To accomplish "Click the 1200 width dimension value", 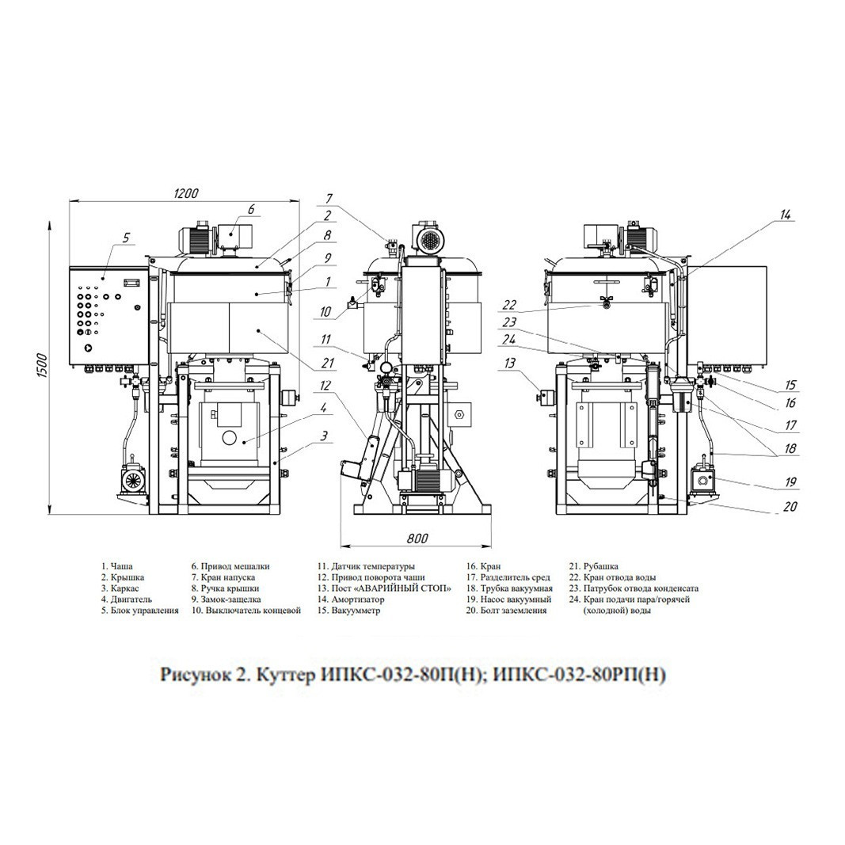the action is [185, 193].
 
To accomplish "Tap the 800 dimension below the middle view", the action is [417, 538].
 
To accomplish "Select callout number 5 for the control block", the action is [126, 237].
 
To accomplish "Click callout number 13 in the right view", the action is [509, 363].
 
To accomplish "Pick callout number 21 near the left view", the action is [328, 364].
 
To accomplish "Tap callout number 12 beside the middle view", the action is [325, 386].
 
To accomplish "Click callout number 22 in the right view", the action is [510, 305].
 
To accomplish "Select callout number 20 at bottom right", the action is [790, 506].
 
